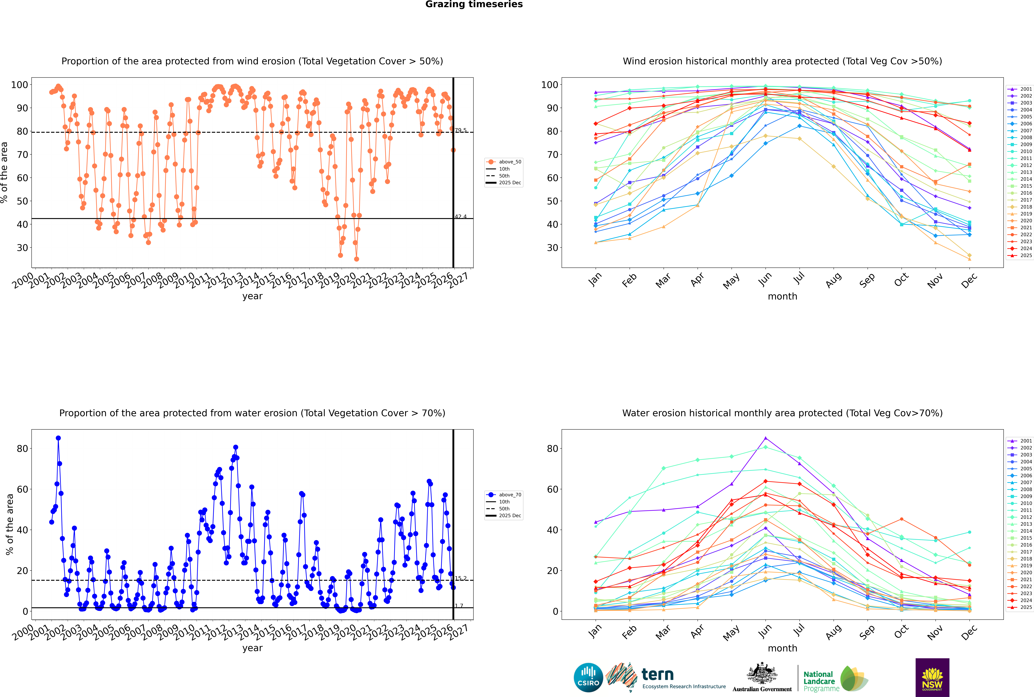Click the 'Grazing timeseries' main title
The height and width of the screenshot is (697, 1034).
tap(474, 4)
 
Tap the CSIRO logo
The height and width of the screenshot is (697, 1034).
tap(588, 677)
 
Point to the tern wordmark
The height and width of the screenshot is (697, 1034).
tap(657, 675)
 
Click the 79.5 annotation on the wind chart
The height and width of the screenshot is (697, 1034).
tap(461, 130)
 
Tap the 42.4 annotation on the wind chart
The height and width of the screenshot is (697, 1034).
tap(461, 216)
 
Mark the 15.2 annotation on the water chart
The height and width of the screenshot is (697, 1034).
tap(461, 578)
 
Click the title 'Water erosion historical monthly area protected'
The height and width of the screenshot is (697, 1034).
tap(782, 413)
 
